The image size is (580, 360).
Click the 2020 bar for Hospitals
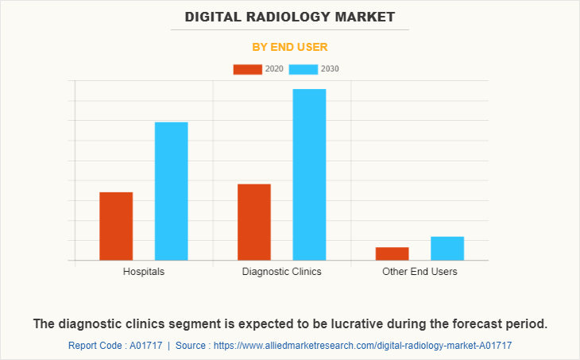pos(116,226)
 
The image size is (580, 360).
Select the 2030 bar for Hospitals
pos(171,191)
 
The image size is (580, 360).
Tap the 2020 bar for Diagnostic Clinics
pos(254,222)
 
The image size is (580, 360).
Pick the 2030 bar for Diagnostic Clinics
pos(309,174)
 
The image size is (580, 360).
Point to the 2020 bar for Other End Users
pos(392,254)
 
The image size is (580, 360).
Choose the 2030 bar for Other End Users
pos(447,248)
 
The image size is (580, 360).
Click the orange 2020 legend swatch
pos(247,69)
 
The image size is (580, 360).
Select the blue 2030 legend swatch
pos(304,69)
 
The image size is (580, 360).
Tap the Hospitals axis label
pos(144,272)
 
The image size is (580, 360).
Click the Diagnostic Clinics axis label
pos(282,272)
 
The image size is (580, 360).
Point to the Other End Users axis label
pos(420,272)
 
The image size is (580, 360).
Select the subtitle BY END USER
pos(290,47)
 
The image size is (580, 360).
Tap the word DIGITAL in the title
pos(210,16)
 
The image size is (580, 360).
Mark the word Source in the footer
pos(191,346)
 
